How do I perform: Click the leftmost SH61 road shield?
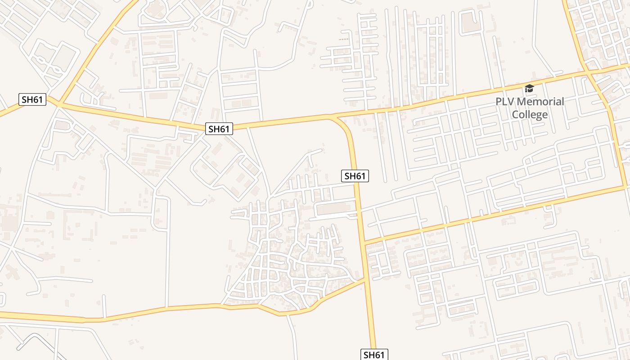[32, 99]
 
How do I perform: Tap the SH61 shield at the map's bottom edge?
[374, 355]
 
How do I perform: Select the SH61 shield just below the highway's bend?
[355, 176]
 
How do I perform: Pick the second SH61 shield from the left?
[219, 129]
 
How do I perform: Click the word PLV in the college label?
[504, 102]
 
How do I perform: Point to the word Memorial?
[539, 102]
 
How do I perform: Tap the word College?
[530, 114]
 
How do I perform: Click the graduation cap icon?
[529, 88]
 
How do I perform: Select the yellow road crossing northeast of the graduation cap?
[589, 72]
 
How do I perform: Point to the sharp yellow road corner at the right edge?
[625, 185]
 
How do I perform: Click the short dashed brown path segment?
[344, 40]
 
